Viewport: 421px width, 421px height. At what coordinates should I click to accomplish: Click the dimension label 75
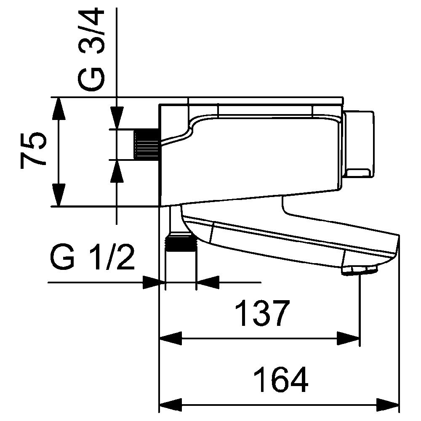pyautogui.click(x=33, y=150)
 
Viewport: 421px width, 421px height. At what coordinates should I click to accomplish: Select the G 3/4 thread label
pyautogui.click(x=91, y=50)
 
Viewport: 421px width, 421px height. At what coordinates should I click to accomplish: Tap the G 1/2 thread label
pyautogui.click(x=92, y=257)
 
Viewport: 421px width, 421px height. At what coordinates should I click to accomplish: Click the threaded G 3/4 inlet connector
pyautogui.click(x=147, y=144)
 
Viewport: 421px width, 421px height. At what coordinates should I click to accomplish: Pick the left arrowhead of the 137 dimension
pyautogui.click(x=171, y=338)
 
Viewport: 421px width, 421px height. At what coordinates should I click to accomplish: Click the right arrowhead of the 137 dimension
pyautogui.click(x=348, y=338)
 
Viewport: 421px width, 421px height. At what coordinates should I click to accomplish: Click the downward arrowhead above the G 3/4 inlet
pyautogui.click(x=117, y=118)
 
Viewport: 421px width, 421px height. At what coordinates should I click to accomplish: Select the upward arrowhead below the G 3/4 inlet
pyautogui.click(x=117, y=171)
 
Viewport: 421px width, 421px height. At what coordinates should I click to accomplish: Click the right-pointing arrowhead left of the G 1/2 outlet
pyautogui.click(x=154, y=282)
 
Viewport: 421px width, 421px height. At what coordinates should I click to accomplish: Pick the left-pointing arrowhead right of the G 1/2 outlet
pyautogui.click(x=208, y=282)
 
